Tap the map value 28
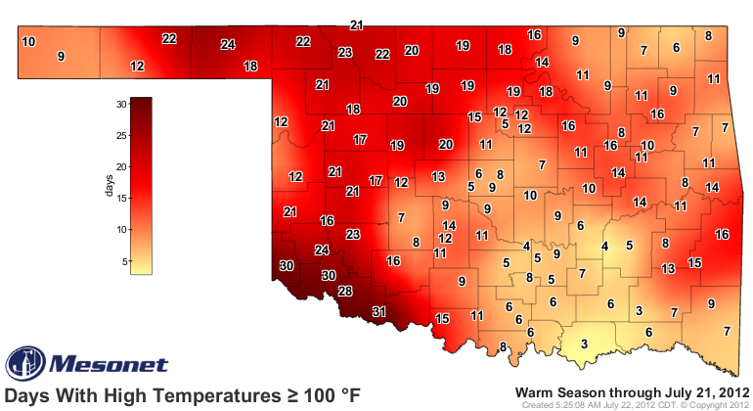click(x=345, y=292)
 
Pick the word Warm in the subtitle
click(x=537, y=392)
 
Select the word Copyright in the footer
click(x=709, y=404)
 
